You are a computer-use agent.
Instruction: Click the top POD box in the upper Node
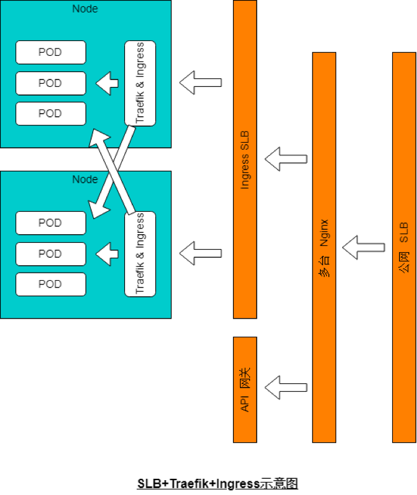[x=50, y=52]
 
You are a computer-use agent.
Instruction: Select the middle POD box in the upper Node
[x=50, y=83]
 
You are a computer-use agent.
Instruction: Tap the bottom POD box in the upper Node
[x=50, y=114]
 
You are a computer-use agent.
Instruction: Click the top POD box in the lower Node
[x=50, y=223]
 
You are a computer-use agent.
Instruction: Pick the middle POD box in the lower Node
[x=50, y=253]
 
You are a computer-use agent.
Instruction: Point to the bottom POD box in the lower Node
[x=50, y=284]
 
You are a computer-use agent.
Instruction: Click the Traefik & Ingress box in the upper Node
[x=140, y=83]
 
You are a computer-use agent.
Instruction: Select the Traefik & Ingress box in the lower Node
[x=140, y=254]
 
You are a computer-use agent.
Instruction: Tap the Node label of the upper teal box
[x=85, y=9]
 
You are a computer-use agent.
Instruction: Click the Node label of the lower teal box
[x=85, y=179]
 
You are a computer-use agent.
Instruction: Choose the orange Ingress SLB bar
[x=244, y=159]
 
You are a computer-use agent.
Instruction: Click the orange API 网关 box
[x=244, y=389]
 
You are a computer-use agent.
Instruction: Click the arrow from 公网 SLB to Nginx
[x=363, y=247]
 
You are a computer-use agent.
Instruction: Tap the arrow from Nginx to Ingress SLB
[x=286, y=159]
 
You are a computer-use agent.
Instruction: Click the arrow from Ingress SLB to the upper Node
[x=201, y=82]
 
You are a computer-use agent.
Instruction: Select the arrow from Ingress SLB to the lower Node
[x=201, y=253]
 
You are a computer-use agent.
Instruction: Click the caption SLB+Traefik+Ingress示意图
[x=209, y=484]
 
